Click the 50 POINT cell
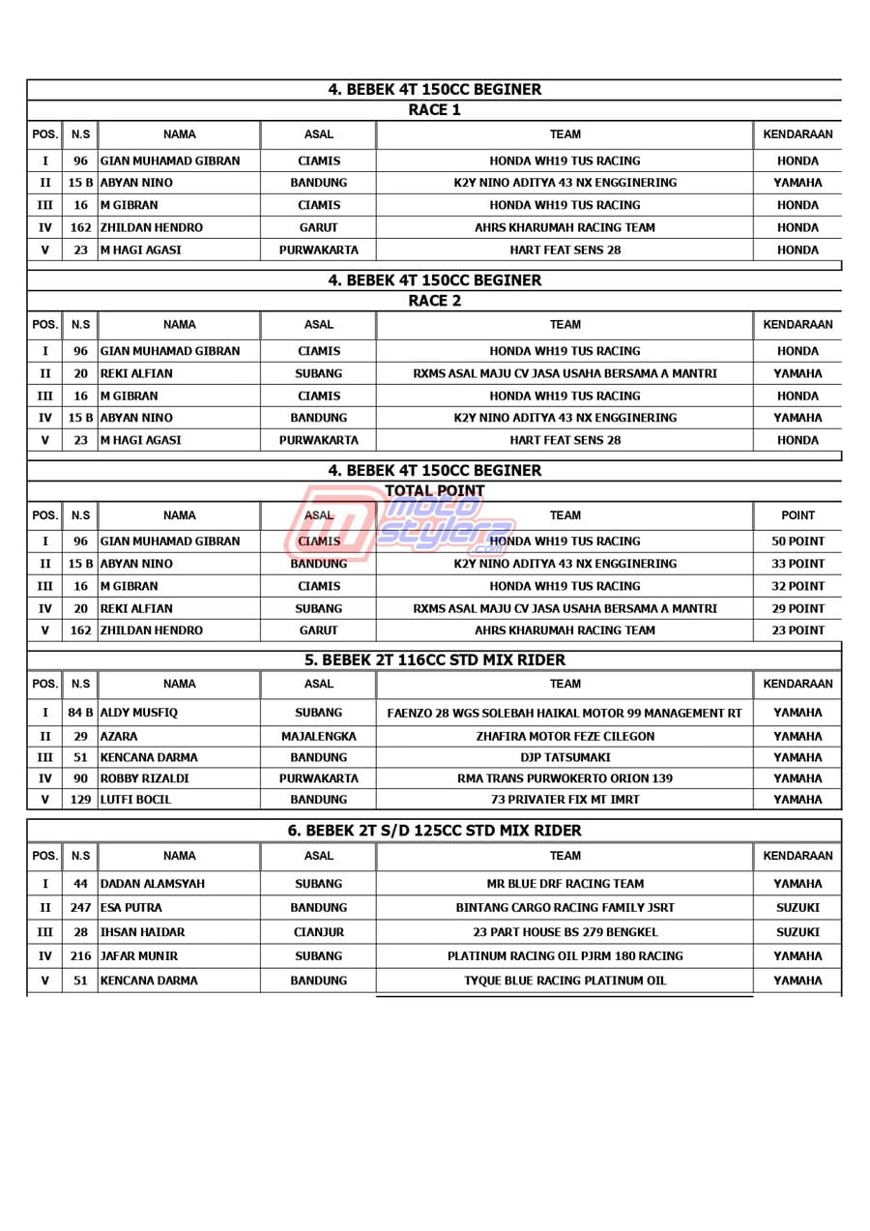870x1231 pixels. [x=797, y=542]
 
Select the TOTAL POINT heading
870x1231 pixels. [x=434, y=491]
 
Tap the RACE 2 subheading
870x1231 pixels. [x=434, y=301]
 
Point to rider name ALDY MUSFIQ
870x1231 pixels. [x=139, y=713]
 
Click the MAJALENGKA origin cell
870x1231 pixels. [x=318, y=736]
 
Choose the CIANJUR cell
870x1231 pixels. [x=318, y=932]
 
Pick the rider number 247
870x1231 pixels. [x=80, y=908]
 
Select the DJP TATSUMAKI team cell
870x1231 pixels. [x=565, y=757]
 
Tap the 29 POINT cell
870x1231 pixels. [x=797, y=608]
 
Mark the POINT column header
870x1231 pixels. [x=797, y=515]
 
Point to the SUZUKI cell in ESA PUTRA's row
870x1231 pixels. [x=797, y=908]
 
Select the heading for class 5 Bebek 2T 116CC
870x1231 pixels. [x=434, y=660]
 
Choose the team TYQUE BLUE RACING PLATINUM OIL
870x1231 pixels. [x=565, y=981]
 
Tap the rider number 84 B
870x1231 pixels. [x=80, y=713]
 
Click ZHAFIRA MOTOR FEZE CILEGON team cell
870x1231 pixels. [x=565, y=736]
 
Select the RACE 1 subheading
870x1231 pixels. [x=434, y=110]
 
